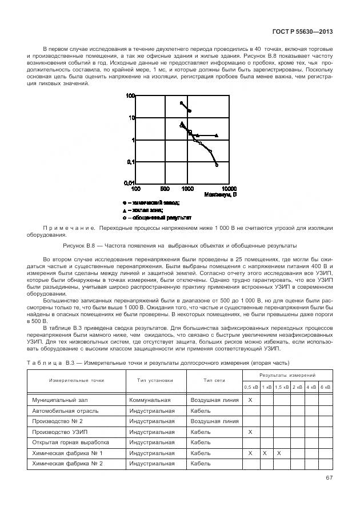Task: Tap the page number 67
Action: click(329, 478)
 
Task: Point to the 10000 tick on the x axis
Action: click(230, 188)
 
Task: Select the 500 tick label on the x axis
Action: click(164, 188)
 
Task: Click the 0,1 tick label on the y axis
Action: click(130, 162)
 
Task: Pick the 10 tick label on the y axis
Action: click(131, 118)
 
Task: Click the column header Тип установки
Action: click(155, 380)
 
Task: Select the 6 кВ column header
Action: click(325, 387)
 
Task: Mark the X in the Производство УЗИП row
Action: click(250, 432)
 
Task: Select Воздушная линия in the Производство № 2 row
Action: click(214, 421)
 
